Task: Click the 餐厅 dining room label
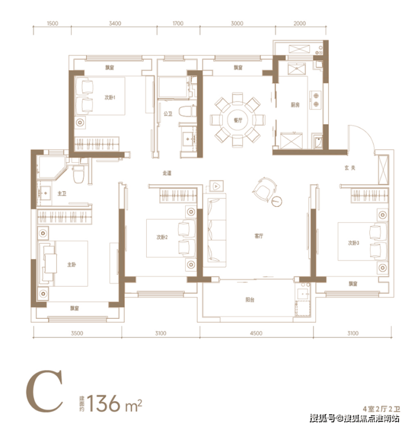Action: point(238,120)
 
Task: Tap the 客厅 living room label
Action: point(259,236)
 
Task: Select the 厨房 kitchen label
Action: point(295,105)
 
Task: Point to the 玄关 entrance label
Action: point(350,168)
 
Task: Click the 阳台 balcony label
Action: point(250,300)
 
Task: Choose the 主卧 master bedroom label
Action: point(72,264)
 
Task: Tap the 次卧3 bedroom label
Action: point(353,243)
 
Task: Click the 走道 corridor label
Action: point(167,173)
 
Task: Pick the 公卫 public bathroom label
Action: point(168,114)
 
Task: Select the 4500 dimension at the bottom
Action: point(256,333)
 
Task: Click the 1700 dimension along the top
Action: point(178,23)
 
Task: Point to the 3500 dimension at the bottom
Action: point(77,333)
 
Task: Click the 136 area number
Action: point(104,403)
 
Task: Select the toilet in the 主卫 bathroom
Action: point(78,174)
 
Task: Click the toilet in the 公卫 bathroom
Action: point(187,111)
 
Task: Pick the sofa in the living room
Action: point(214,230)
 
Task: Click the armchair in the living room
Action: point(264,190)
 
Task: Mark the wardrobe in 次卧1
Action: point(96,143)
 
